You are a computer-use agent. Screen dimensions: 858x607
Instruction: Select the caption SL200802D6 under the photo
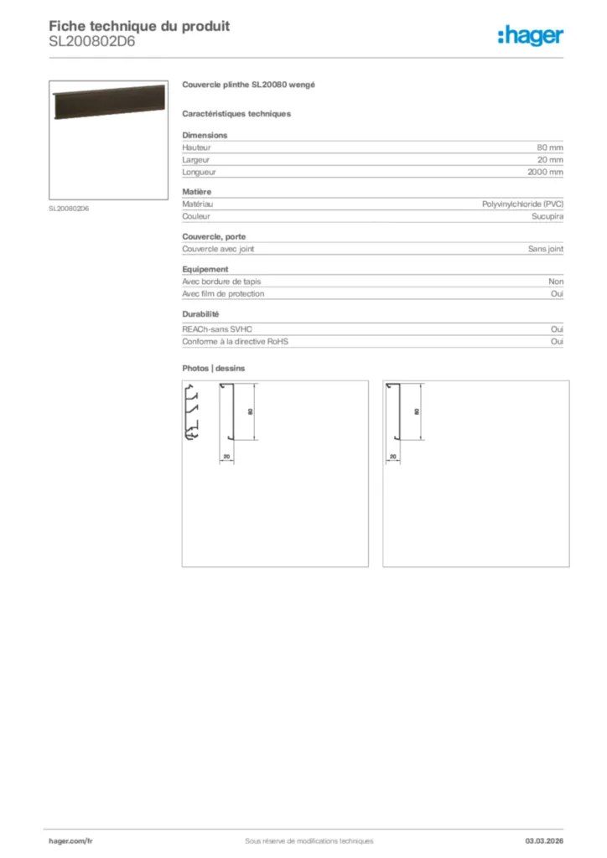tap(69, 209)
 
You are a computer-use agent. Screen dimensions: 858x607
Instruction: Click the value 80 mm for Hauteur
tap(550, 147)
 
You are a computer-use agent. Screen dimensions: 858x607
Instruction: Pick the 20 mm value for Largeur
tap(550, 159)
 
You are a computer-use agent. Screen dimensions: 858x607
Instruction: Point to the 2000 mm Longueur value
tap(545, 172)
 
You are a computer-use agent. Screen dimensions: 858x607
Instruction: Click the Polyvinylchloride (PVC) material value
tap(522, 204)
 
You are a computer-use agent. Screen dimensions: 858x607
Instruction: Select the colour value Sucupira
tap(547, 216)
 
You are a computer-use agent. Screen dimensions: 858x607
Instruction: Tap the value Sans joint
tap(545, 249)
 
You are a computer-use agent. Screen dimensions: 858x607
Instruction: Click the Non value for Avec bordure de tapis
tap(556, 282)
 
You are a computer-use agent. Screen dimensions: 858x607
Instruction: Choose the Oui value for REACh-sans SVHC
tap(557, 329)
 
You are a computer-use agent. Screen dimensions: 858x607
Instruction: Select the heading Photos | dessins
tap(214, 368)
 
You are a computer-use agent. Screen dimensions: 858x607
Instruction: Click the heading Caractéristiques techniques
tap(236, 113)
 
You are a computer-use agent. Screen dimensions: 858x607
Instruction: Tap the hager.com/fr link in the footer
tap(70, 840)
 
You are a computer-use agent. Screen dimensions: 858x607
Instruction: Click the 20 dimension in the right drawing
tap(392, 457)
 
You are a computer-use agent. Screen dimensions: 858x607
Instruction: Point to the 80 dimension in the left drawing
tap(250, 412)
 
